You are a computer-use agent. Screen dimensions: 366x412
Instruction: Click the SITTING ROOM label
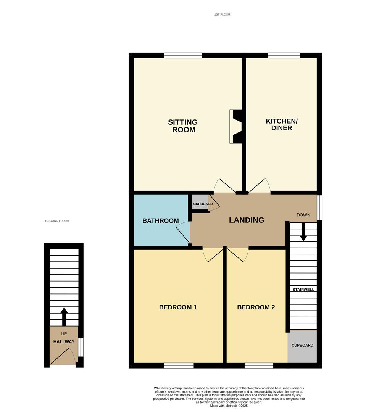point(183,126)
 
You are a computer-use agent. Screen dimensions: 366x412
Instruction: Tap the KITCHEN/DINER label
point(282,124)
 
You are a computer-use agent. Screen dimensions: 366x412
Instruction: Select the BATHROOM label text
point(160,221)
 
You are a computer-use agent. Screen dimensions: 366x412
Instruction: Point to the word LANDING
point(247,220)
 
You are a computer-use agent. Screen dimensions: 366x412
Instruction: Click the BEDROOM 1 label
point(178,307)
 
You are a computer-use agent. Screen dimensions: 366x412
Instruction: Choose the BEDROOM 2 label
point(256,307)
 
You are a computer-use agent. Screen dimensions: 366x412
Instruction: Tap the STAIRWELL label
point(303,290)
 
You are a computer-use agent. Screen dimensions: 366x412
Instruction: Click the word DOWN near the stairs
point(303,215)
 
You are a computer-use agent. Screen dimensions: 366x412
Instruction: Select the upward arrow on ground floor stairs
point(64,317)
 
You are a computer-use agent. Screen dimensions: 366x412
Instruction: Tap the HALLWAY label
point(64,342)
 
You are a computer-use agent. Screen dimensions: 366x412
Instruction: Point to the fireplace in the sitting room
point(236,127)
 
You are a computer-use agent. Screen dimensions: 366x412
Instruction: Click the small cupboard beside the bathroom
point(200,202)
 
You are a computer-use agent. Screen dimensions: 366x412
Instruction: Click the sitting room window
point(183,55)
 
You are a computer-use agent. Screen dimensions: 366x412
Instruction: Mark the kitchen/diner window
point(284,55)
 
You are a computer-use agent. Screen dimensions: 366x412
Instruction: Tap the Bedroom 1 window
point(179,365)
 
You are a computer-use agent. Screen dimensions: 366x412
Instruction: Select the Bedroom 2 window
point(259,365)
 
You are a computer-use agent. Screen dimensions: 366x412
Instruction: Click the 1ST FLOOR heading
point(222,14)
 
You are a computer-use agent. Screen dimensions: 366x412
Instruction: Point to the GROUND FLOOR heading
point(57,221)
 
